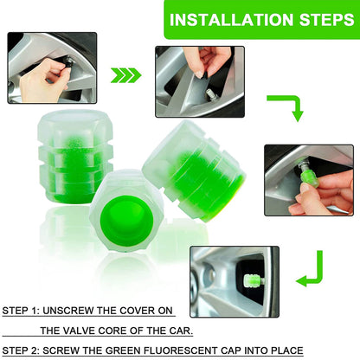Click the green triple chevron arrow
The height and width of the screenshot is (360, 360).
tap(126, 76)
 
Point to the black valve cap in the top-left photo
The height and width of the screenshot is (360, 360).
tap(66, 63)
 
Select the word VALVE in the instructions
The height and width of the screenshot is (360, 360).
tap(102, 330)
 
